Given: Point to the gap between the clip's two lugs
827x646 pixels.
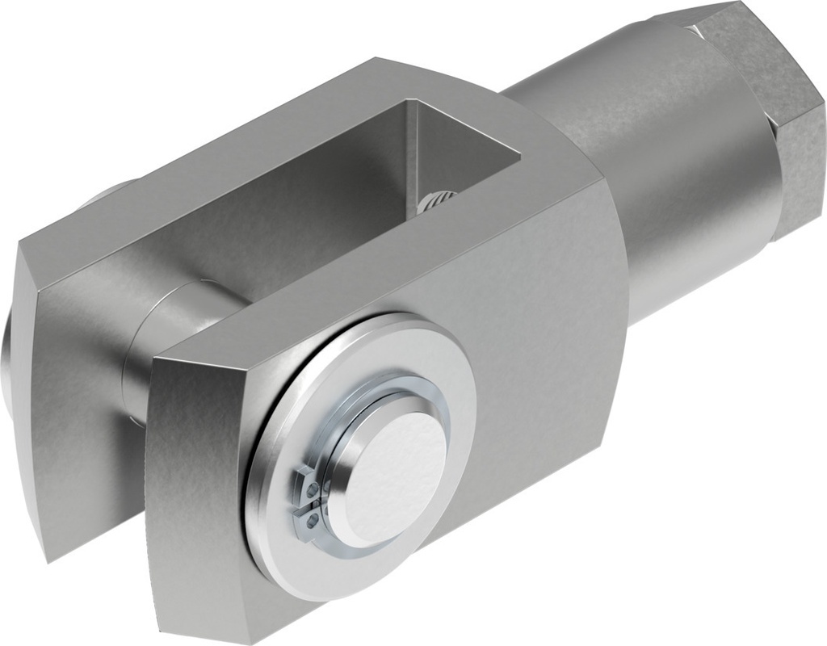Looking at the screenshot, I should click(303, 503).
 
